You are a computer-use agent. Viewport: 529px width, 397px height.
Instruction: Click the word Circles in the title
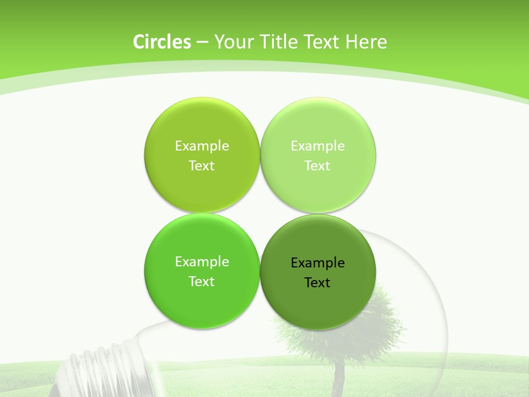[162, 42]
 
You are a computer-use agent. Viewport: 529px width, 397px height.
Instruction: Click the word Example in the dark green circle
[317, 263]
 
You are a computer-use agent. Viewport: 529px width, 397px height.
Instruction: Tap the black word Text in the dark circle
[317, 283]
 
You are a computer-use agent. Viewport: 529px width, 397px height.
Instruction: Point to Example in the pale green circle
[317, 146]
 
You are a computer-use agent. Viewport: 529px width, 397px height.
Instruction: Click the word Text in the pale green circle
[317, 166]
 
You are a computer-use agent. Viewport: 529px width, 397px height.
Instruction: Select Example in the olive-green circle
[202, 146]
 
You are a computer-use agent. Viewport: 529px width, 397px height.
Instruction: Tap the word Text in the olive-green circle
[202, 166]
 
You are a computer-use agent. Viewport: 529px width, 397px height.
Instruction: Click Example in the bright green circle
[202, 262]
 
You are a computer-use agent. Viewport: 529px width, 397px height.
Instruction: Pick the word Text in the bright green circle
[202, 282]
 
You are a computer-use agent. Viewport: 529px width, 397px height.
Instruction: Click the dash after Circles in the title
[202, 42]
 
